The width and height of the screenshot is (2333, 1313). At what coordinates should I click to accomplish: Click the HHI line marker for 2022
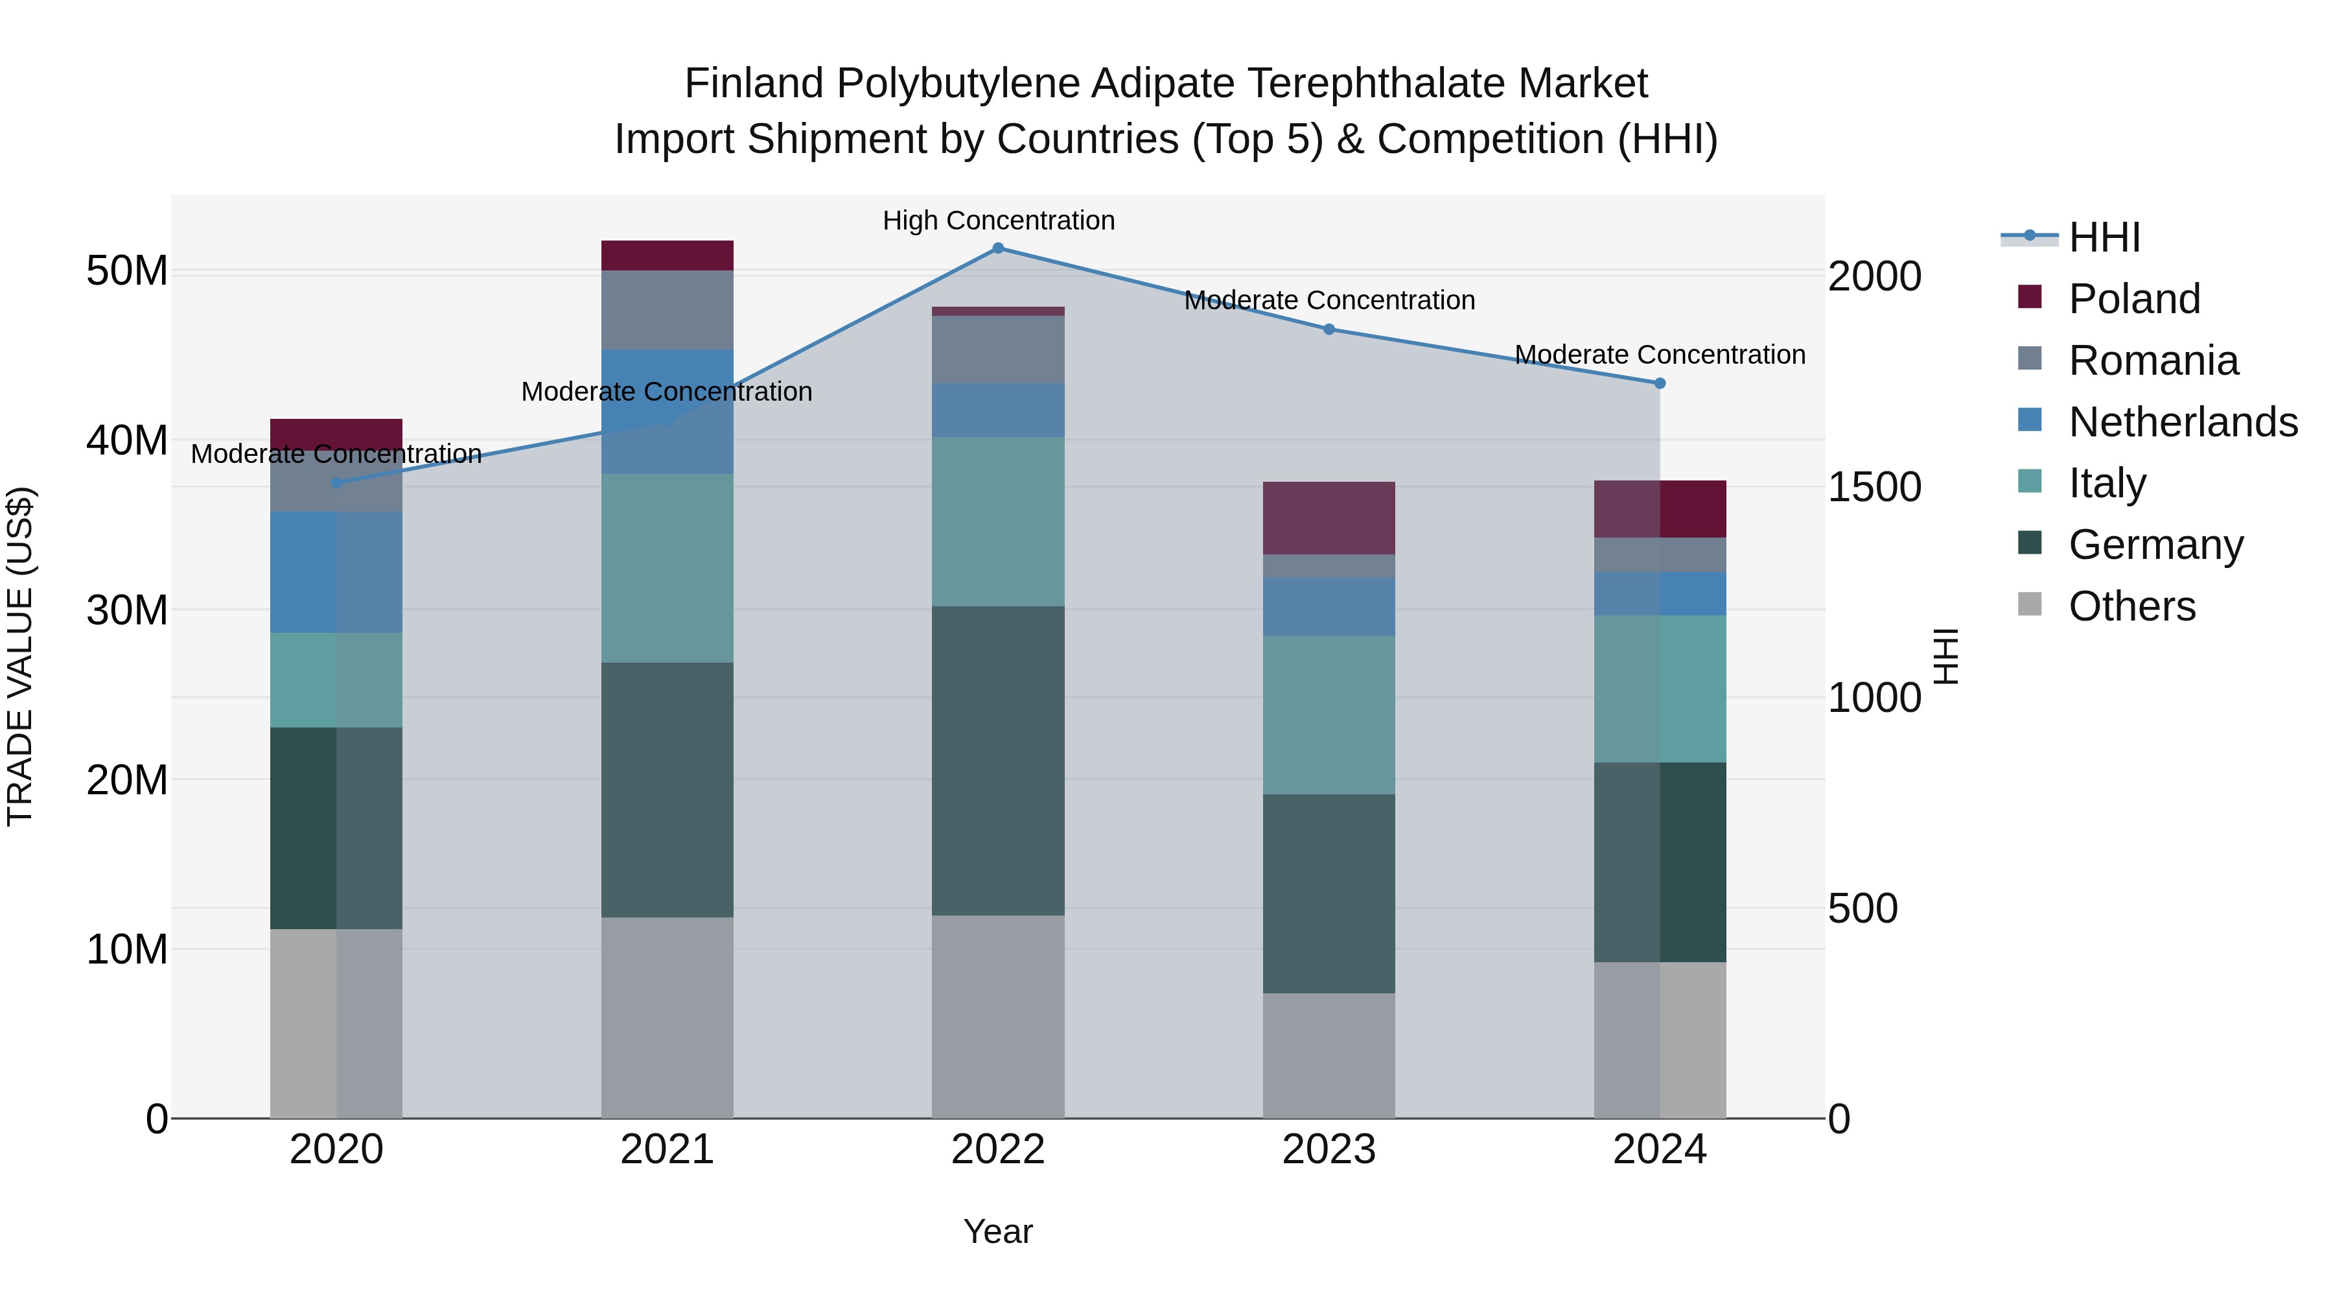click(x=998, y=248)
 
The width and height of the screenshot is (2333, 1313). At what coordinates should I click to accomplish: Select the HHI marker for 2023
click(x=1329, y=330)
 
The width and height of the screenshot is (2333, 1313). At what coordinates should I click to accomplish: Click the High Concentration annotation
click(x=998, y=221)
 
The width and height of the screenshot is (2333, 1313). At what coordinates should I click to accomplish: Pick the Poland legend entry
click(x=2134, y=299)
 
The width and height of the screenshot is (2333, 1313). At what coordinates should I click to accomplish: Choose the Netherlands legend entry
click(x=2183, y=422)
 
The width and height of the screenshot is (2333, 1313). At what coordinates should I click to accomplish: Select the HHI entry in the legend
click(x=2103, y=237)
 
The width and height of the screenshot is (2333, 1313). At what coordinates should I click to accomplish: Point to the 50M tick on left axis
click(x=127, y=271)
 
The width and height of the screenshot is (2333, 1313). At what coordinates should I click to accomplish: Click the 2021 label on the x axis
click(x=667, y=1150)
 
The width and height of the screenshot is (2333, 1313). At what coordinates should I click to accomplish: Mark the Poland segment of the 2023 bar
click(x=1329, y=518)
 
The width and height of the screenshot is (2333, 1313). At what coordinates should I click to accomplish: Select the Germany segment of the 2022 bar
click(x=998, y=761)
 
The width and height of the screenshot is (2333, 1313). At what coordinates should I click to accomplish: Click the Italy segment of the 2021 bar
click(x=667, y=568)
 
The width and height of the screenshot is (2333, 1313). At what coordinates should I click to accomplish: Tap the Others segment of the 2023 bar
click(x=1329, y=1056)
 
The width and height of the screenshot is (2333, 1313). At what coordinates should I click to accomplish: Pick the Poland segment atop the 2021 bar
click(x=667, y=255)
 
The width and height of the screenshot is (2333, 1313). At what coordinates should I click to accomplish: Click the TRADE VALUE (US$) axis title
click(x=20, y=657)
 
